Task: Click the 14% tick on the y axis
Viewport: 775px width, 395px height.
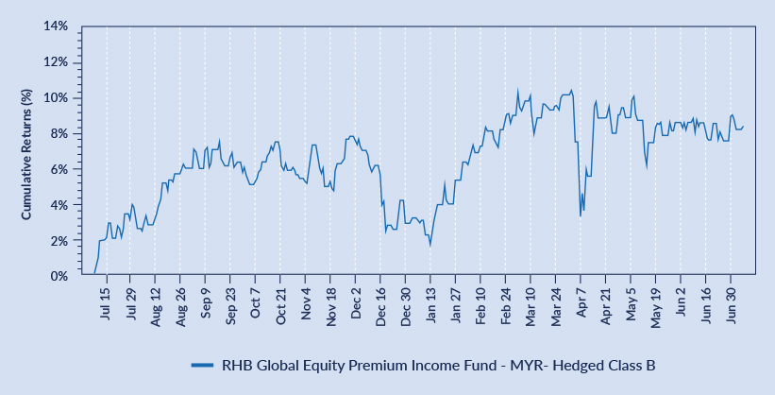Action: [55, 26]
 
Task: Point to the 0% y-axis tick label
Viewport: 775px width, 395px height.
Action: [58, 276]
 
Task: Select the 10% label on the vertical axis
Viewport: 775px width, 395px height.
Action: [55, 98]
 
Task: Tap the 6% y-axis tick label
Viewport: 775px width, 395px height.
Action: [58, 169]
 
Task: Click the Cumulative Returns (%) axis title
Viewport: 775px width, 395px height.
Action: [26, 153]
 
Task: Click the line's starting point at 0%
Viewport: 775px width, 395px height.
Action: [94, 275]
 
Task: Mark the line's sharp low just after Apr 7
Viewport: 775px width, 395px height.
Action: [581, 216]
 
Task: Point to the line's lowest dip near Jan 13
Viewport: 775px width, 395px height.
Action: [430, 246]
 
